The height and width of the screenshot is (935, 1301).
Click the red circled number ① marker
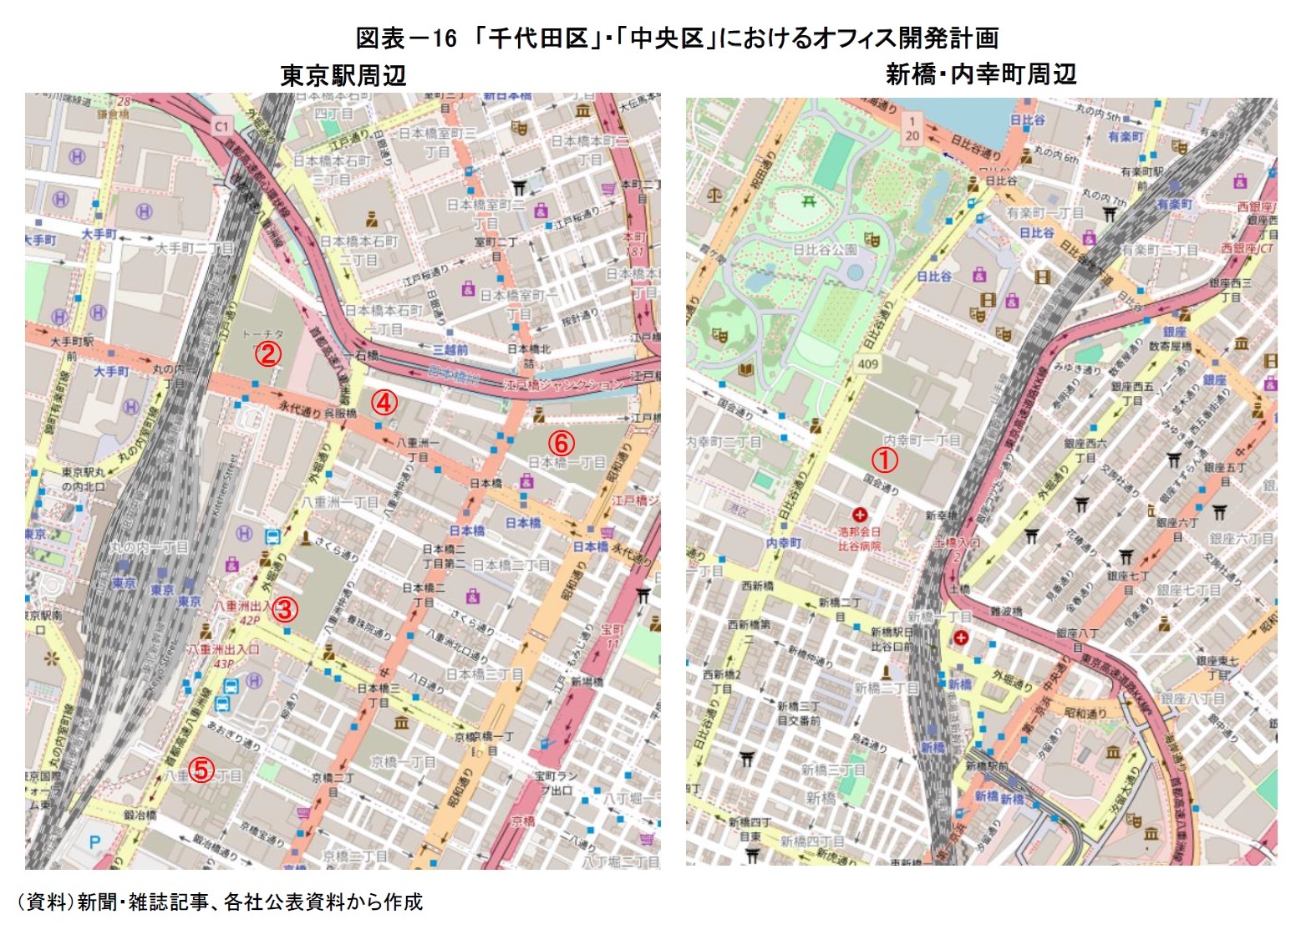pyautogui.click(x=885, y=460)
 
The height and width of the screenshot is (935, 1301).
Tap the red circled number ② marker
pyautogui.click(x=267, y=354)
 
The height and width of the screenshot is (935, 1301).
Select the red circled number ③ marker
pyautogui.click(x=284, y=609)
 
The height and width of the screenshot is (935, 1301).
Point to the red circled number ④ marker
pyautogui.click(x=383, y=403)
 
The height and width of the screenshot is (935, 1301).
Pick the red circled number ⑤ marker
pyautogui.click(x=201, y=770)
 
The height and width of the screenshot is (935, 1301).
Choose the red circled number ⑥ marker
pyautogui.click(x=561, y=444)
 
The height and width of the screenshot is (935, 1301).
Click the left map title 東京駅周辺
pyautogui.click(x=343, y=76)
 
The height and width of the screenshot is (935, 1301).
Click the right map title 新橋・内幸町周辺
pyautogui.click(x=980, y=74)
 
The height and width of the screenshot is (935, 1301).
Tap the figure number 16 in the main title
pyautogui.click(x=445, y=38)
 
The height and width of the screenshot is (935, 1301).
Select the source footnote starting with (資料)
pyautogui.click(x=220, y=902)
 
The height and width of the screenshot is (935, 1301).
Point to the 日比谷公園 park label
pyautogui.click(x=824, y=250)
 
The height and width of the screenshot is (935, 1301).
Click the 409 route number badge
pyautogui.click(x=867, y=363)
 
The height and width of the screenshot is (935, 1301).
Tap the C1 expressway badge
pyautogui.click(x=221, y=126)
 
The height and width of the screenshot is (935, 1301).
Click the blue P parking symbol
pyautogui.click(x=94, y=842)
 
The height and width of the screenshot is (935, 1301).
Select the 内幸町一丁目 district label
pyautogui.click(x=922, y=440)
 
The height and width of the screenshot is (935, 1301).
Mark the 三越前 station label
pyautogui.click(x=450, y=350)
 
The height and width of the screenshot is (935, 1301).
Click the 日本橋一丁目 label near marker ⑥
pyautogui.click(x=567, y=462)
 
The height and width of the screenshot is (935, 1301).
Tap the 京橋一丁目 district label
pyautogui.click(x=403, y=762)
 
